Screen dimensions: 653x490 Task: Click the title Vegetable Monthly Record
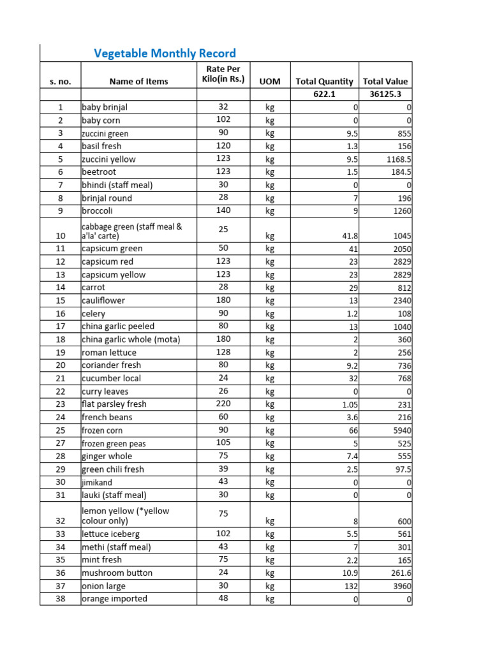pos(165,54)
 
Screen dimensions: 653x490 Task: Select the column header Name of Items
pos(138,81)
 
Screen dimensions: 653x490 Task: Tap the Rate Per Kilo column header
pos(219,74)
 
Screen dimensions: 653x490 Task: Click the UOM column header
pos(269,82)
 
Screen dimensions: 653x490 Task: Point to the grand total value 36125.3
pos(385,94)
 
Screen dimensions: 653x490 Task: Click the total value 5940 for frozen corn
pos(401,430)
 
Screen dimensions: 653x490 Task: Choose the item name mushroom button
pos(117,573)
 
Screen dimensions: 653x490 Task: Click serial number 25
pos(60,430)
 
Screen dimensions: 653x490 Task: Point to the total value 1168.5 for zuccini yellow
pos(396,159)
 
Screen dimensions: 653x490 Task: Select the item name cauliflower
pos(103,300)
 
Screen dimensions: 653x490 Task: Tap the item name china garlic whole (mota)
pos(131,339)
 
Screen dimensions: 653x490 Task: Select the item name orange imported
pos(114,599)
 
